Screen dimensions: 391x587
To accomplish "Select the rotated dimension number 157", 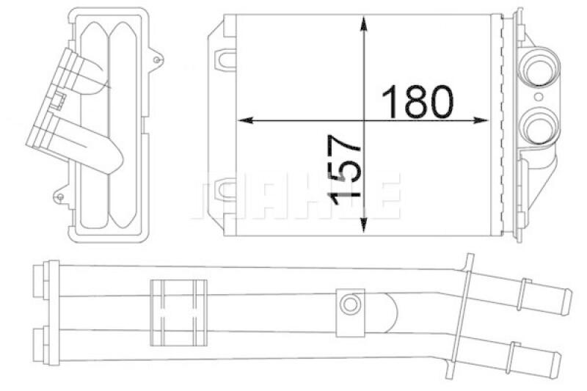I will click(343, 169).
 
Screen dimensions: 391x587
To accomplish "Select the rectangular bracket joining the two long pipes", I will click(176, 312).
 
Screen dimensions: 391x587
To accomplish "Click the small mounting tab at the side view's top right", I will click(158, 58).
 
